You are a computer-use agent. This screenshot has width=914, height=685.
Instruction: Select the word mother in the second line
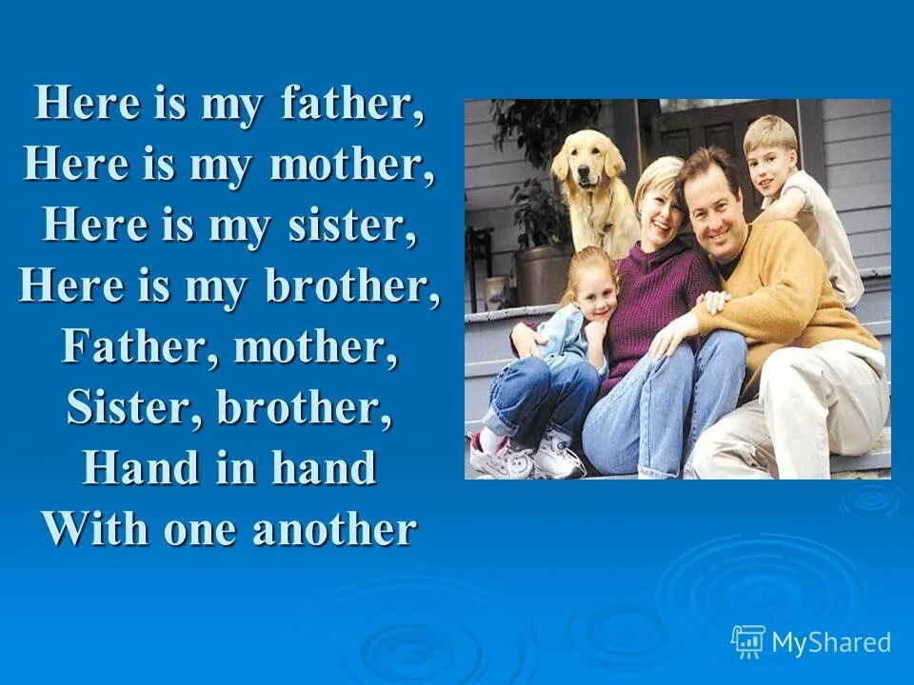point(352,166)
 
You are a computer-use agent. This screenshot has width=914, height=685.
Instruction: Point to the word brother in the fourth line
point(353,286)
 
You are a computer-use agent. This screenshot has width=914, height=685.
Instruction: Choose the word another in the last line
point(334,529)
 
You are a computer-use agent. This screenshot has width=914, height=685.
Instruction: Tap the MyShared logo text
point(830,642)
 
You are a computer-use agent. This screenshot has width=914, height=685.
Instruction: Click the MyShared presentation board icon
point(747,641)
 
